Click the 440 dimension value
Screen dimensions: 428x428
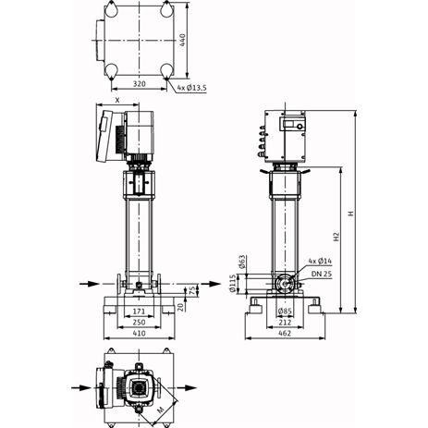(x=182, y=40)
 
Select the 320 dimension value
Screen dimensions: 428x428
(x=139, y=83)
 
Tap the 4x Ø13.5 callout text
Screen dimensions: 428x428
(x=191, y=88)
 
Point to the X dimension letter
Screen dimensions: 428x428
(x=117, y=100)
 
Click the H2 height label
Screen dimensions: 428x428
(x=336, y=237)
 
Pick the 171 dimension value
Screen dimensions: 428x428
(x=139, y=312)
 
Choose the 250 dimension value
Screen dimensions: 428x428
(x=139, y=322)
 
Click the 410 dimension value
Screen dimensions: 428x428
(x=139, y=333)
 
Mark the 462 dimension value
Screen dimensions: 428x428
(x=285, y=333)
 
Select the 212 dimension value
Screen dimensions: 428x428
(x=285, y=323)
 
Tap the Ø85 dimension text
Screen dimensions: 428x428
(x=285, y=312)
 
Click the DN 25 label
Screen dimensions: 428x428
(x=322, y=274)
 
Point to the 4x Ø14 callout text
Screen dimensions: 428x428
(x=320, y=261)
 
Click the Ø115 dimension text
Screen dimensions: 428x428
(x=233, y=284)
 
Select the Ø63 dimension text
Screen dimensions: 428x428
(x=242, y=262)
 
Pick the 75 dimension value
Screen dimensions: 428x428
(x=191, y=290)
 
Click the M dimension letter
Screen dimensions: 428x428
(x=161, y=410)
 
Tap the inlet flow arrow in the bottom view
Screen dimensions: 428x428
(x=81, y=387)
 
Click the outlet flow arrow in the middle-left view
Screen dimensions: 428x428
(x=212, y=284)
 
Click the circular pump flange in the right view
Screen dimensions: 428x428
(x=285, y=284)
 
